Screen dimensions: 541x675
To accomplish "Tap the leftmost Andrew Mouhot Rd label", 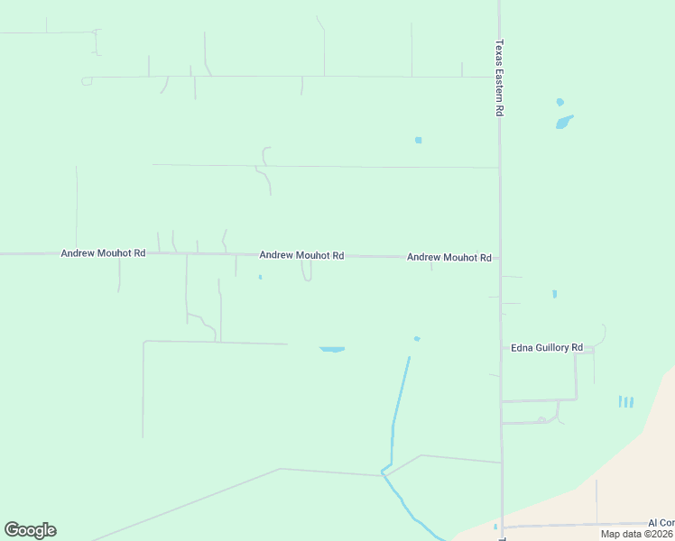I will tap(103, 254).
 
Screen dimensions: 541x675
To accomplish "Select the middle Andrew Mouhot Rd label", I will tap(301, 256).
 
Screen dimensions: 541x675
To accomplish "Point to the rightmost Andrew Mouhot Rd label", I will tap(448, 258).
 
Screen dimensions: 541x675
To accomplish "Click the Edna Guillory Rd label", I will tap(547, 348).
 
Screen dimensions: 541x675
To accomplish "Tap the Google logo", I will tap(30, 530).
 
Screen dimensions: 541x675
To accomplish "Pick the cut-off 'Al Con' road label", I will tap(661, 523).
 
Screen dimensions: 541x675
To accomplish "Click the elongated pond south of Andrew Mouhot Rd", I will tap(332, 349).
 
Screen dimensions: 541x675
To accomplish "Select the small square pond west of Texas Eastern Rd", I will tap(418, 140).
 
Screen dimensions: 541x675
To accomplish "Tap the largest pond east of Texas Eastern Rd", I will tap(564, 122).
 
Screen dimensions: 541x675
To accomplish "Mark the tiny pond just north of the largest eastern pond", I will tap(559, 102).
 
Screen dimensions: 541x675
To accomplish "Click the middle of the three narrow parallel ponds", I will tap(625, 401).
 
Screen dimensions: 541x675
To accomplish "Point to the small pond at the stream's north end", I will tap(416, 339).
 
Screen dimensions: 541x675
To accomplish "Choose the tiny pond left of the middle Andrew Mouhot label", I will tap(260, 277).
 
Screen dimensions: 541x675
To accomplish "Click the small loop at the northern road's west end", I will tap(87, 81).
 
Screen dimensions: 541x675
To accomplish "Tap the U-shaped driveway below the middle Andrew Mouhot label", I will tap(307, 273).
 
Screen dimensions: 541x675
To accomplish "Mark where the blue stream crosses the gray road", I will tap(385, 471).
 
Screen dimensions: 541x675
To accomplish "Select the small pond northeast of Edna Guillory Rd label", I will tap(554, 294).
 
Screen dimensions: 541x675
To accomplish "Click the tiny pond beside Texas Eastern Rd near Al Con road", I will tap(495, 527).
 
